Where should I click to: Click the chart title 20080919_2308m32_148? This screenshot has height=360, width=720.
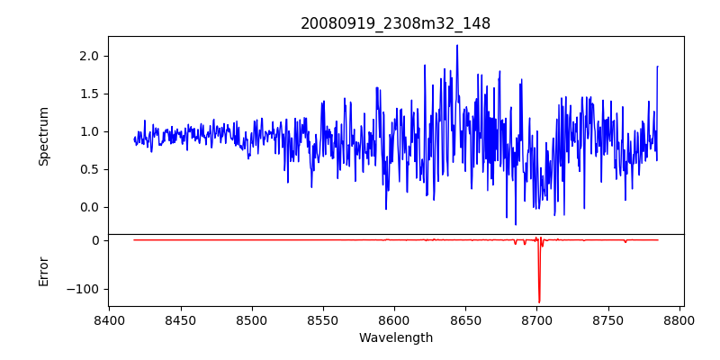coord(395,23)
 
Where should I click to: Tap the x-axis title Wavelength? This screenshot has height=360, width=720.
coord(395,337)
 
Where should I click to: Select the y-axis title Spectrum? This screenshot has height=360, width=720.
coord(43,136)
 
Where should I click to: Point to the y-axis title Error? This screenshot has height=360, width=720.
coord(43,271)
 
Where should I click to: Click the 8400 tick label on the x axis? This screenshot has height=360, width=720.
coord(109,319)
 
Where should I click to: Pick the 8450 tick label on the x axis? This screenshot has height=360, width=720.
coord(180,319)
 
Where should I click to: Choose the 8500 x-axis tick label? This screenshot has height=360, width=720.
coord(252,319)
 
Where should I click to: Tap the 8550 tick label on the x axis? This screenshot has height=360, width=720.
coord(323,319)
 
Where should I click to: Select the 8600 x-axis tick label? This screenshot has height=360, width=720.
coord(394,319)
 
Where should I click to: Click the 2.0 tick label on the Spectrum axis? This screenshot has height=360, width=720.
coord(89,56)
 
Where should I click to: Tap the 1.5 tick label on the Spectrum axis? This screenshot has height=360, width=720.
coord(89,94)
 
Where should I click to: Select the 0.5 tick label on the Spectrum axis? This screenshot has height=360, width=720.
coord(89,169)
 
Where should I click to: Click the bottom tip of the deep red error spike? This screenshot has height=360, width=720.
coord(539,302)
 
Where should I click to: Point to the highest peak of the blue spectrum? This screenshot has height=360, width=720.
coord(457,45)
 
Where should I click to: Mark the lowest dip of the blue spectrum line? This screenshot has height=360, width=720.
coord(516,224)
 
